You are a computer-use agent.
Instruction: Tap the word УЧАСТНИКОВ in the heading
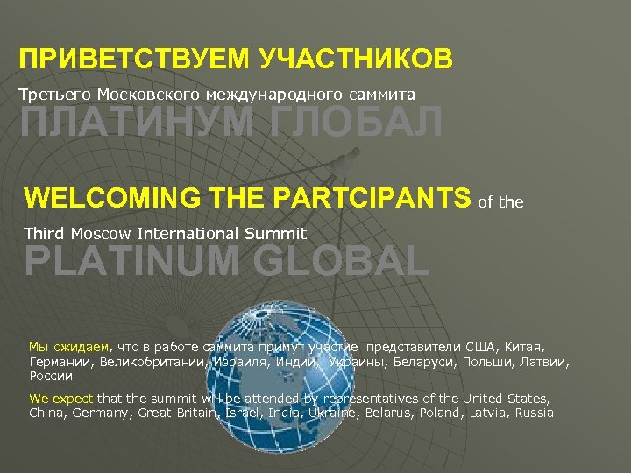tap(357, 60)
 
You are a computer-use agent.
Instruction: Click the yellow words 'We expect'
tap(61, 399)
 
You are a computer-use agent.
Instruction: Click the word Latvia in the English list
tap(486, 413)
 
